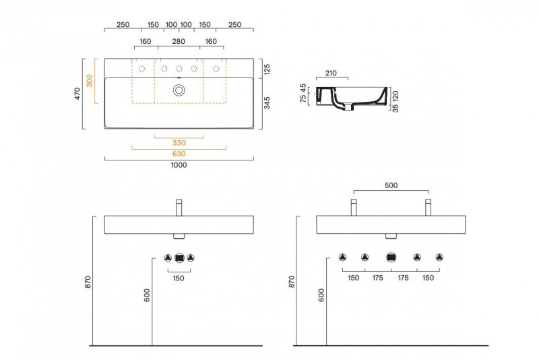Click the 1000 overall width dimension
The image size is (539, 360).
(179, 165)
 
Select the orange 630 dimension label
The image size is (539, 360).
(179, 154)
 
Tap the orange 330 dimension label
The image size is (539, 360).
(179, 143)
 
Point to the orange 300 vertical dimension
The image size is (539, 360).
(90, 81)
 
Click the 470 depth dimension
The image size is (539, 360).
(77, 94)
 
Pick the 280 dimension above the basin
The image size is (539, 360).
(179, 42)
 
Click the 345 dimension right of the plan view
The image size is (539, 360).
(267, 103)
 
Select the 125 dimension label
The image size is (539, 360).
(267, 69)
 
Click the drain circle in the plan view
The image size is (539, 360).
(179, 90)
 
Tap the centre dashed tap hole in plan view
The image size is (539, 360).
(179, 69)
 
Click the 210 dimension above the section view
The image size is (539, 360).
(331, 73)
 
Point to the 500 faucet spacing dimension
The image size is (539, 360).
(391, 185)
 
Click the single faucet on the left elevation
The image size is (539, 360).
(179, 208)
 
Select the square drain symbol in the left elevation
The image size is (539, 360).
(179, 258)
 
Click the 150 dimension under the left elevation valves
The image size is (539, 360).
(179, 278)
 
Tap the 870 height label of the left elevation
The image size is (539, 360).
(88, 282)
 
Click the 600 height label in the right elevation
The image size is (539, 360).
(321, 295)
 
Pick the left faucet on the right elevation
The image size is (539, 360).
(354, 208)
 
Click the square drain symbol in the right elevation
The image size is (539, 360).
(391, 258)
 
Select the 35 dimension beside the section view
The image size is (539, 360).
(395, 108)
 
